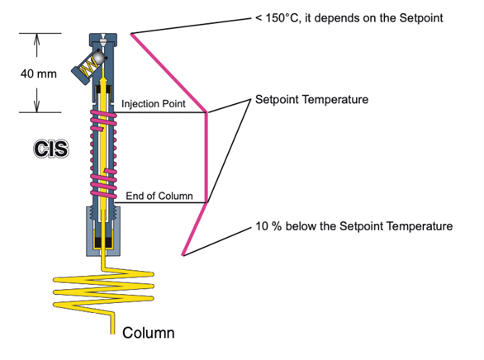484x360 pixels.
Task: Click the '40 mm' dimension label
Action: (39, 74)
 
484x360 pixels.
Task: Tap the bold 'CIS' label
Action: (51, 149)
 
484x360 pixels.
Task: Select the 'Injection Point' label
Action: (154, 104)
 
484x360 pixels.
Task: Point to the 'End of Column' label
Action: (159, 196)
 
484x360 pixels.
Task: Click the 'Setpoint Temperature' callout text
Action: (311, 100)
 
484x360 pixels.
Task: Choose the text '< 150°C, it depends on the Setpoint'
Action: (349, 18)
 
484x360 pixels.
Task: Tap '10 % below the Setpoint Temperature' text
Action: (354, 226)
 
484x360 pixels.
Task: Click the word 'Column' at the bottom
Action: (149, 333)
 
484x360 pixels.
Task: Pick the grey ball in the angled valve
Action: (98, 58)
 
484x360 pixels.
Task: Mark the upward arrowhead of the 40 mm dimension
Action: (36, 39)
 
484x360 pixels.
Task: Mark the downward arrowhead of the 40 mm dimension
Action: (36, 106)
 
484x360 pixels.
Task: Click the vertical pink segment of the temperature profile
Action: (206, 158)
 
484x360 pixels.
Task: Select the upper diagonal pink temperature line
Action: (168, 73)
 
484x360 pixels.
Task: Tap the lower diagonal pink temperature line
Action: (195, 230)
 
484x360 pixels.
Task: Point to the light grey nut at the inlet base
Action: (103, 231)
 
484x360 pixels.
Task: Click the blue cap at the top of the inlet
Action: (103, 40)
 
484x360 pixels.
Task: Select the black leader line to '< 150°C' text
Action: (192, 26)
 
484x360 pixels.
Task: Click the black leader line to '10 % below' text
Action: (217, 242)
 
